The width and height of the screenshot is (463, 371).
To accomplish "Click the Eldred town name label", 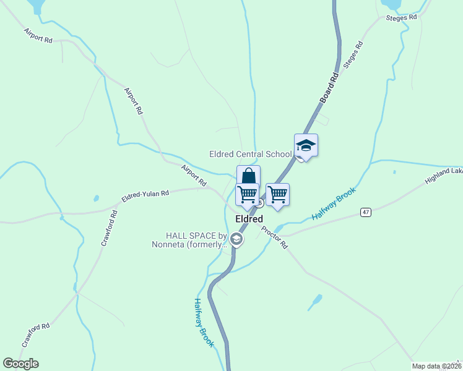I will [249, 220].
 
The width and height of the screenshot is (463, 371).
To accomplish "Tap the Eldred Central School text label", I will [250, 154].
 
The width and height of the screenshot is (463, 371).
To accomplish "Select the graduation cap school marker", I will [306, 146].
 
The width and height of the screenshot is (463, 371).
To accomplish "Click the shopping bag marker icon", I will [248, 176].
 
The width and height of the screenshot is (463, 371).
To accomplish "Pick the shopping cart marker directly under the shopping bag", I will [247, 194].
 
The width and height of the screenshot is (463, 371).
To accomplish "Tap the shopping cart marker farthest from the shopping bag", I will [277, 194].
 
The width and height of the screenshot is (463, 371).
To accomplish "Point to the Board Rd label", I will [329, 88].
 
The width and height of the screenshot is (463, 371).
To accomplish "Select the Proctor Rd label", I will [274, 237].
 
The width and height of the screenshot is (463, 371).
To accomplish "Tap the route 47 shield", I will [366, 212].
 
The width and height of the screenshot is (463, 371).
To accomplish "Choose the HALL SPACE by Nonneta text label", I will [189, 240].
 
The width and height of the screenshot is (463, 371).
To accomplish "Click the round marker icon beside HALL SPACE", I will [236, 239].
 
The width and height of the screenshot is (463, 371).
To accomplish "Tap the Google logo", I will [20, 364].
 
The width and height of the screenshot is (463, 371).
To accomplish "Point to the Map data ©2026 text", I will [436, 366].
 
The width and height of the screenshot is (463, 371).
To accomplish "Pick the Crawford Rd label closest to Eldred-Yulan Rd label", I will [109, 229].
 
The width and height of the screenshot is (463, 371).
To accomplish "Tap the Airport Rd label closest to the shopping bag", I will [194, 175].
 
